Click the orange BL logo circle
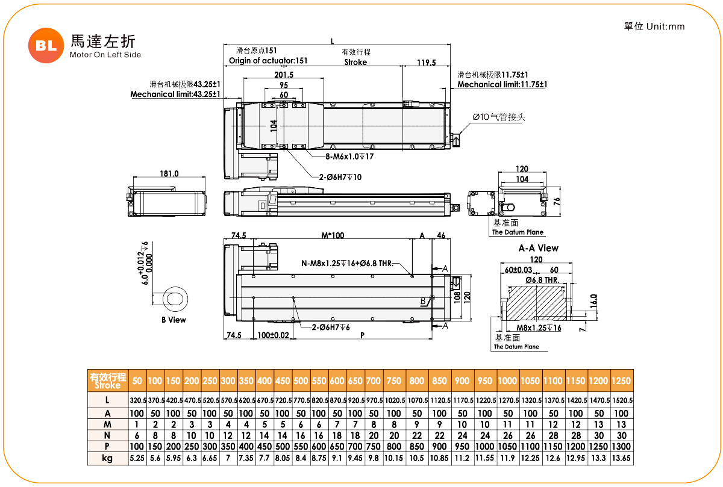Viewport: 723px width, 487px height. [x=46, y=46]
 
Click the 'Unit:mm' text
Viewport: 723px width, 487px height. [x=666, y=26]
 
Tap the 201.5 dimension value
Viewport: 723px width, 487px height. [x=284, y=75]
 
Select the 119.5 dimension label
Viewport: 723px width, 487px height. [x=427, y=63]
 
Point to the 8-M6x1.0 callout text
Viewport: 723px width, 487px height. [x=349, y=157]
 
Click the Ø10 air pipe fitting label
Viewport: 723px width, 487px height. [x=499, y=117]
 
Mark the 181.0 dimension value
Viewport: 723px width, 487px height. [x=169, y=174]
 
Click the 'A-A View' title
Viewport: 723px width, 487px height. [x=539, y=248]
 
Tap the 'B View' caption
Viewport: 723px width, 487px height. [x=174, y=320]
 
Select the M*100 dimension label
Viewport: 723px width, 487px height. [x=333, y=235]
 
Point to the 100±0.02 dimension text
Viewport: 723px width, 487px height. [x=273, y=335]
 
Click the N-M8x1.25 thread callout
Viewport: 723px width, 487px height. [x=347, y=264]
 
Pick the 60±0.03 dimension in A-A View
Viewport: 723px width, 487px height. [x=518, y=270]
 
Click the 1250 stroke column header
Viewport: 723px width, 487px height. [x=621, y=381]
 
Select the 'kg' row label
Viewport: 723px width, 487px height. [x=107, y=458]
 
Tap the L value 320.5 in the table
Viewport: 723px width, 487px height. [x=138, y=400]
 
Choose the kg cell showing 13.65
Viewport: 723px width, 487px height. [x=621, y=458]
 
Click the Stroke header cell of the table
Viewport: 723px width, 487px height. [x=108, y=381]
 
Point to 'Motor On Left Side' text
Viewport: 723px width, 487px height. [x=105, y=55]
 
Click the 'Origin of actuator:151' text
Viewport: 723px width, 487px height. [x=268, y=61]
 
